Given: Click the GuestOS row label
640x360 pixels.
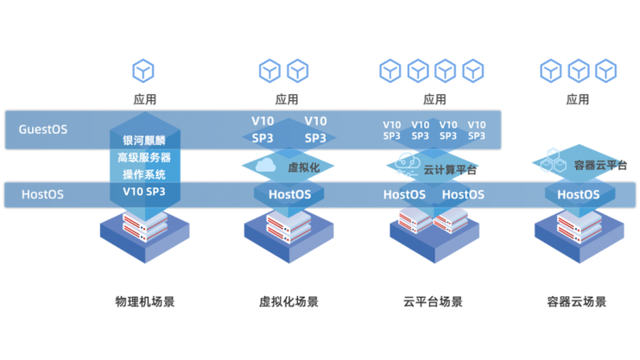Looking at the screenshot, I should click(43, 130).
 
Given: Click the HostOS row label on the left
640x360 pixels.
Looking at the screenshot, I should click(41, 194).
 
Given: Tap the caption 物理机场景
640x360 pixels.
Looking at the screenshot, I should click(144, 302).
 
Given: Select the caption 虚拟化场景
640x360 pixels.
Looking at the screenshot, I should click(288, 302).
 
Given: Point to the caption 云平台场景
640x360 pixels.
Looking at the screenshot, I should click(433, 302).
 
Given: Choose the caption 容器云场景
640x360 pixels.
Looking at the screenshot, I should click(577, 302).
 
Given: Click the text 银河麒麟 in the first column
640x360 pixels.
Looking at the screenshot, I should click(144, 141).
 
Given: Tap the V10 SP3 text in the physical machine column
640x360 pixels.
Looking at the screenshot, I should click(144, 192).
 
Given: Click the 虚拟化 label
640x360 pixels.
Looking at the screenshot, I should click(303, 167).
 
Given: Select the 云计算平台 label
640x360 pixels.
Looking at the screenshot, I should click(450, 170).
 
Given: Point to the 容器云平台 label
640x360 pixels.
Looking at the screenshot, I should click(600, 165).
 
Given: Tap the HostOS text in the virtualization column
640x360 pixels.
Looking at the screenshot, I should click(289, 195).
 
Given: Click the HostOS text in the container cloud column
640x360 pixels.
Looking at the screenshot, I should click(578, 195).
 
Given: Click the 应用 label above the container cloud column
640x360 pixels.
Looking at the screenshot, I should click(578, 100).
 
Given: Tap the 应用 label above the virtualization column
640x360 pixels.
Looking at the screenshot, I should click(287, 100).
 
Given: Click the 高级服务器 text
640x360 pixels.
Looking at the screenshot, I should click(144, 158).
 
